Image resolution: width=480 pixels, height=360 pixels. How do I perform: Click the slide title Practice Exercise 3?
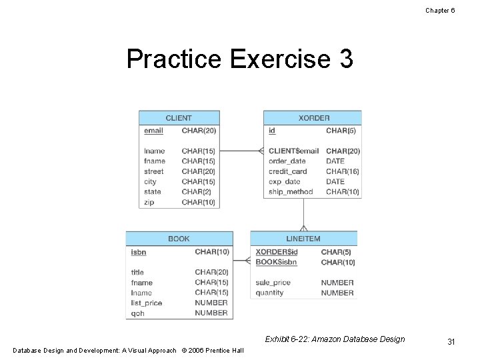(x=239, y=59)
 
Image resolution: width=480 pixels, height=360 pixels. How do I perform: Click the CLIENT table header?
(x=178, y=118)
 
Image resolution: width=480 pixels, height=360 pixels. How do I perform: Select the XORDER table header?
(x=313, y=118)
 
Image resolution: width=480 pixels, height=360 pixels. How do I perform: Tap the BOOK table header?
(x=179, y=239)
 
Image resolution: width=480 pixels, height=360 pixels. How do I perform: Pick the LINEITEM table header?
(x=303, y=239)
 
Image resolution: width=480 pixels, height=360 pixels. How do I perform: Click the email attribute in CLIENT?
(x=153, y=131)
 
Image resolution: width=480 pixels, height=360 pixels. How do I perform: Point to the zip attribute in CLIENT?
(x=149, y=202)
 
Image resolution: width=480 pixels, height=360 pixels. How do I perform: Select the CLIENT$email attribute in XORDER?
(x=293, y=151)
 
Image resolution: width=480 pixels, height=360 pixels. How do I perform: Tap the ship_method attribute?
(x=291, y=192)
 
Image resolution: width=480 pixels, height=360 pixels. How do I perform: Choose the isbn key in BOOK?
(x=139, y=252)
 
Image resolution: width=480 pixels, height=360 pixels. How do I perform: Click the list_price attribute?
(x=147, y=303)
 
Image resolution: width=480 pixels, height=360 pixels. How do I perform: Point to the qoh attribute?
(x=137, y=313)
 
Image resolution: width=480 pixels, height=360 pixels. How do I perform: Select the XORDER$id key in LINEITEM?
(x=277, y=252)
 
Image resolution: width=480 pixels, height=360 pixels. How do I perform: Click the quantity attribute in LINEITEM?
(x=269, y=293)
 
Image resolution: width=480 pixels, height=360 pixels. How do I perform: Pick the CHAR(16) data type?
(x=343, y=171)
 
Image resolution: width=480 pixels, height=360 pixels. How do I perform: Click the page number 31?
(x=451, y=342)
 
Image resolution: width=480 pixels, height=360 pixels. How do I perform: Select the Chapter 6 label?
(x=440, y=10)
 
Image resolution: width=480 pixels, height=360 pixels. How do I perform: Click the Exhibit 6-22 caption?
(x=335, y=339)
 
